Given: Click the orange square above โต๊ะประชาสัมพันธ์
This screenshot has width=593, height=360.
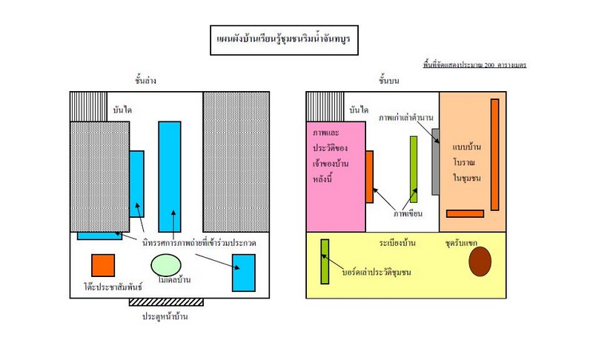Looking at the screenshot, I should tap(103, 265).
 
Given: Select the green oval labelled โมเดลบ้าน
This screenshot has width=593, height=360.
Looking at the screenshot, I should tap(168, 264).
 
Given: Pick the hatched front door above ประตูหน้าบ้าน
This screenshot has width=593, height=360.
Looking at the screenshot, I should tap(166, 302).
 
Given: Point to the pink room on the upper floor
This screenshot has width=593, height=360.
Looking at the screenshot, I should tap(336, 176).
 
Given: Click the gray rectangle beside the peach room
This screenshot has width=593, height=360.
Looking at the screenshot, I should tap(435, 162).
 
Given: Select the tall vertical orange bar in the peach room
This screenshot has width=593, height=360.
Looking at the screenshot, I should tap(494, 154).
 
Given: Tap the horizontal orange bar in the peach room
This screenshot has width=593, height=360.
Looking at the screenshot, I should tap(465, 214).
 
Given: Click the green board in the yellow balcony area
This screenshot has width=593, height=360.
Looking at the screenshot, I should tap(325, 261).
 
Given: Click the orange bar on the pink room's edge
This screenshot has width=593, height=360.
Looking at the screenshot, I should tap(369, 176).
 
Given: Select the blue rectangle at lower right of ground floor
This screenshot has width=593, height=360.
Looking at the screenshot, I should tap(243, 272).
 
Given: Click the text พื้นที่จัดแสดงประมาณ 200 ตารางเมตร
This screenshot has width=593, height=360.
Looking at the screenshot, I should tap(474, 65).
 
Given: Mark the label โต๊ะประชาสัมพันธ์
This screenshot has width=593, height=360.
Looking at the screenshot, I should tap(103, 285).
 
